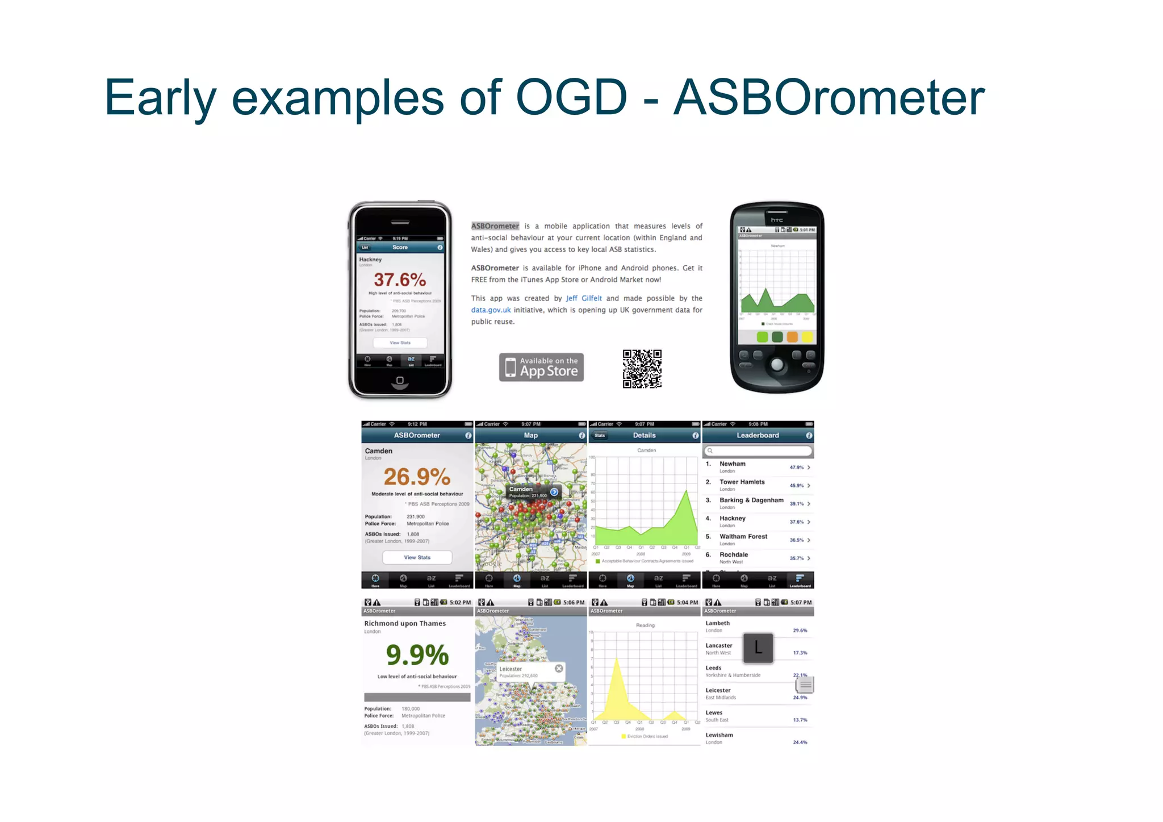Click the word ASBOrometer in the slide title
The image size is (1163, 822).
click(x=829, y=98)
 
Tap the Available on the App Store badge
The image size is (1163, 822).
click(x=541, y=367)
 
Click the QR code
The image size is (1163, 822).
click(x=642, y=369)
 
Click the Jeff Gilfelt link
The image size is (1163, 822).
click(x=583, y=298)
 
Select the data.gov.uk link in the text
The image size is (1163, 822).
click(x=491, y=310)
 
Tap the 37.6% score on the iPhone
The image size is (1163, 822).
click(x=400, y=279)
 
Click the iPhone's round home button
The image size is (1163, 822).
click(x=400, y=380)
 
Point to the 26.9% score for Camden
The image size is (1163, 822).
click(x=417, y=476)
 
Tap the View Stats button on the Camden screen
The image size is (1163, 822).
click(x=417, y=557)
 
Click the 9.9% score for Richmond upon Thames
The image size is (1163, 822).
click(x=417, y=655)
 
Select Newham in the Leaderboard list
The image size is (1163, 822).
click(x=733, y=464)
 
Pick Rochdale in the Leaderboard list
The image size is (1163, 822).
click(x=734, y=555)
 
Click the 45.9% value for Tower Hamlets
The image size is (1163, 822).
click(x=797, y=486)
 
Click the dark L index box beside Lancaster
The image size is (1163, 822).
click(x=758, y=648)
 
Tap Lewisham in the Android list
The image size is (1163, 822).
click(x=719, y=736)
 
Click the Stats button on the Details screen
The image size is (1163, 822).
click(x=600, y=436)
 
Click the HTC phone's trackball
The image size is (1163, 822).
click(x=777, y=364)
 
